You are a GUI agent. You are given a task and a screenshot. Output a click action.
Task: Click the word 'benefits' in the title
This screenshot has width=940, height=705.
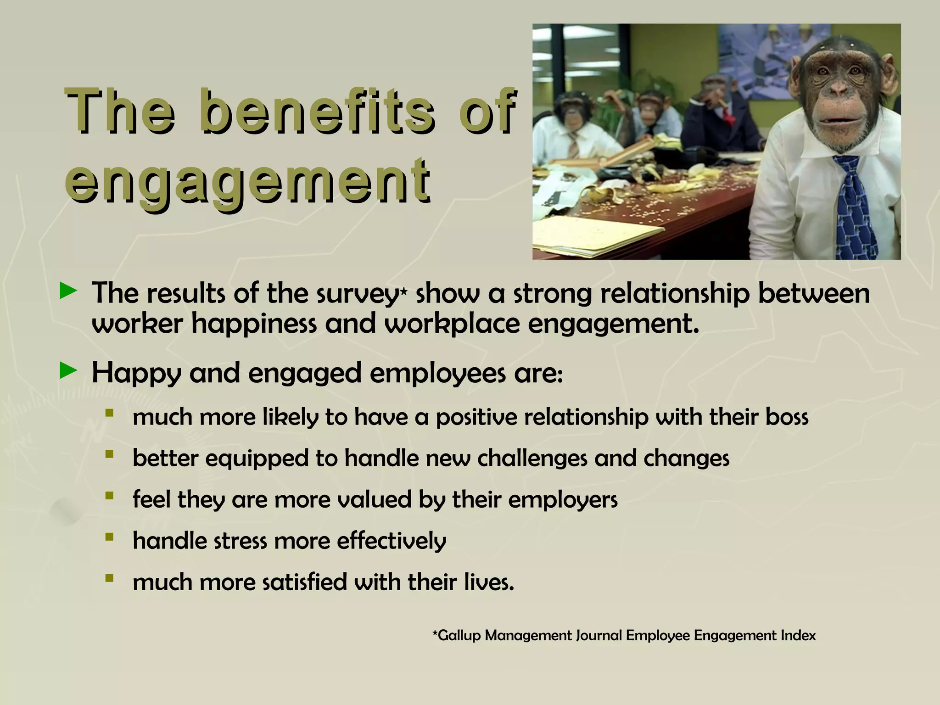point(317,112)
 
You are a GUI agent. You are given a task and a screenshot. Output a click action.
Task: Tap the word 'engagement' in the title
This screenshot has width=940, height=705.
point(248,180)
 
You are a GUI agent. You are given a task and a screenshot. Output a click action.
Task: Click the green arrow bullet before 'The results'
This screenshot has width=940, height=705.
point(68,291)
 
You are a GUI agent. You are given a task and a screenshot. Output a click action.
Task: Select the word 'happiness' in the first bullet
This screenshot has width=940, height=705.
point(254,324)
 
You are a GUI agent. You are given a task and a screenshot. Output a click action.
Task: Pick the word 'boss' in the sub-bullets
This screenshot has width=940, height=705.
point(787,417)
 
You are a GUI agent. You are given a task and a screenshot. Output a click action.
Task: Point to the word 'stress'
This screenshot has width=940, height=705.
point(240,541)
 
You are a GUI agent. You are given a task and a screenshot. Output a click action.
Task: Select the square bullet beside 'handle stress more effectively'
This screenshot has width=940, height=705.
point(109,537)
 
